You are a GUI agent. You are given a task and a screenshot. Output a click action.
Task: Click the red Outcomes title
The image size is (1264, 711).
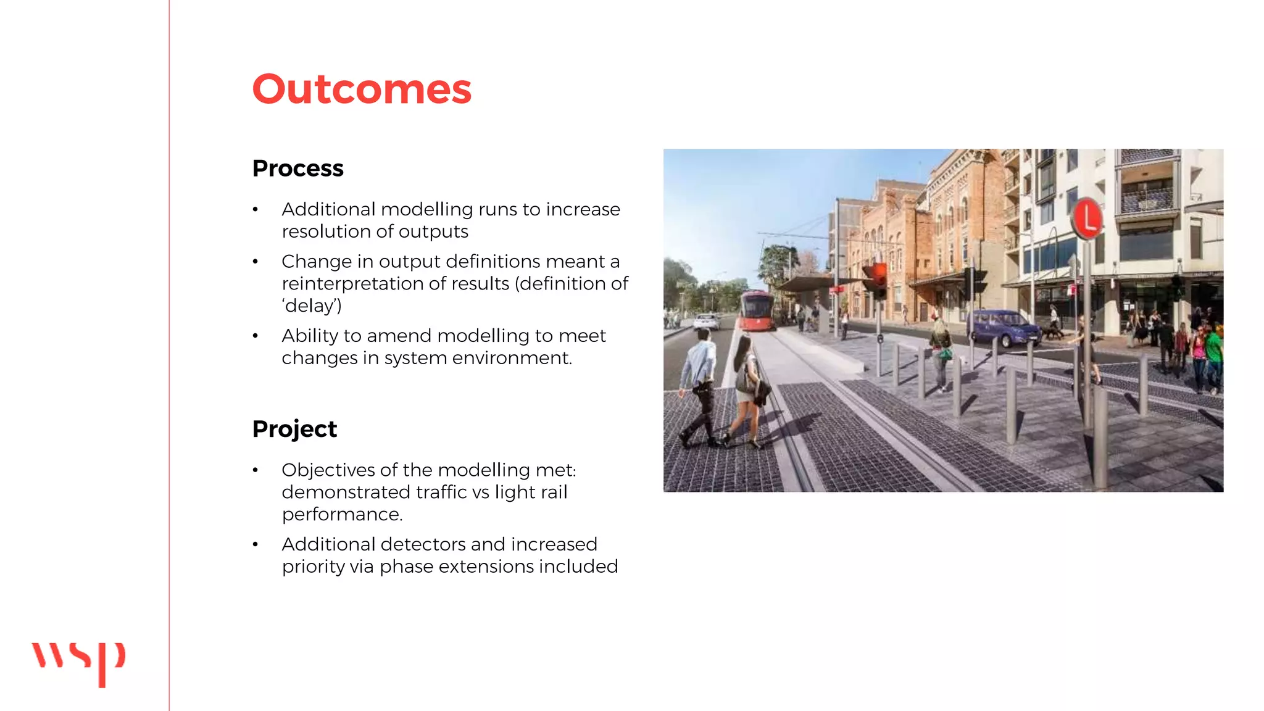pyautogui.click(x=362, y=89)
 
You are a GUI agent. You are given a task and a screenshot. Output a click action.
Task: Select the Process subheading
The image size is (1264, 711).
pyautogui.click(x=297, y=168)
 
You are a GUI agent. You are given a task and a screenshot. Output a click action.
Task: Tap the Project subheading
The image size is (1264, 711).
pyautogui.click(x=294, y=429)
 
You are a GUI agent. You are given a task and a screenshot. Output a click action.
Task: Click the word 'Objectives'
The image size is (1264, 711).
pyautogui.click(x=328, y=470)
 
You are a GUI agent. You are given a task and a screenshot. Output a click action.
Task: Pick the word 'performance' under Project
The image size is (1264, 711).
pyautogui.click(x=341, y=514)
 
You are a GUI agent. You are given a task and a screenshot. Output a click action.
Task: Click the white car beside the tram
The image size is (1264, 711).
pyautogui.click(x=706, y=322)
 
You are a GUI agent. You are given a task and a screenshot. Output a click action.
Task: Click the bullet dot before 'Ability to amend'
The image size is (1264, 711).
pyautogui.click(x=255, y=336)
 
